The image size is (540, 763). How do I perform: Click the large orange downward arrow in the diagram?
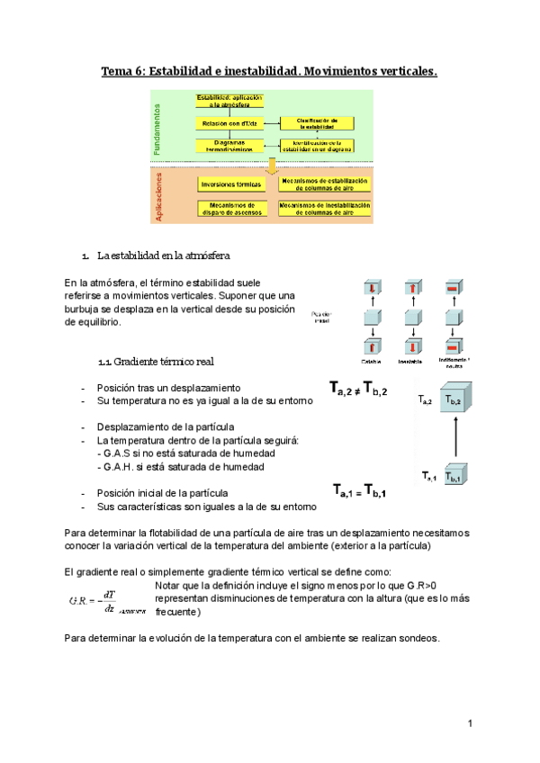[x=269, y=166]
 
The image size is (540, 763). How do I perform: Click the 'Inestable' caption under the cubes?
[x=414, y=362]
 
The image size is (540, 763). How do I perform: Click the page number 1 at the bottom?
[x=470, y=723]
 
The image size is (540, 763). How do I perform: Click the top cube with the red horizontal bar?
[x=458, y=289]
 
